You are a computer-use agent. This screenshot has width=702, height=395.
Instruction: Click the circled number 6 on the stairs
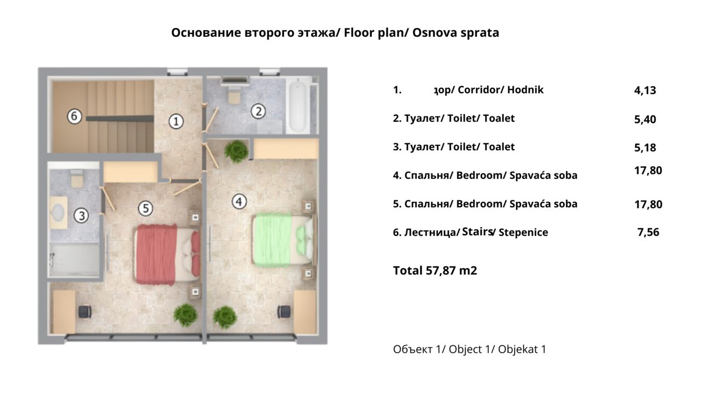(x=75, y=116)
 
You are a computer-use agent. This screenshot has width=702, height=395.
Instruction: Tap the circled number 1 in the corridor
(x=175, y=121)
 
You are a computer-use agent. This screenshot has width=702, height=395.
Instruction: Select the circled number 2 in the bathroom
(x=258, y=111)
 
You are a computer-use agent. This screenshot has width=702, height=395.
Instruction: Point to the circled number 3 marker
(x=81, y=216)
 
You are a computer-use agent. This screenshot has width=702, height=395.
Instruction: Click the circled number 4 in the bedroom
(x=239, y=202)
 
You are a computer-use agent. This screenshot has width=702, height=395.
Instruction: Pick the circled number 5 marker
(x=145, y=208)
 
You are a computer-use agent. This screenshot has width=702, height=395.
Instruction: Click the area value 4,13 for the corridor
(x=645, y=91)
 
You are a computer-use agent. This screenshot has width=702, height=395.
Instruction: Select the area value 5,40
(x=645, y=120)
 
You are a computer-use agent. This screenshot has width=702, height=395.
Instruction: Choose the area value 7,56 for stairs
(x=648, y=233)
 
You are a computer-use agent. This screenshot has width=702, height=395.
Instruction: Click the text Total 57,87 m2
(x=435, y=270)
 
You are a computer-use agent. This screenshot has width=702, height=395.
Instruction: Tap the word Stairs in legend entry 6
(x=477, y=232)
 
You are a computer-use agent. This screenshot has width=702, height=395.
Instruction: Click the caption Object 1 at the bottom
(x=469, y=349)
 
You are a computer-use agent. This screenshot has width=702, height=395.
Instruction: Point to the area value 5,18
(x=645, y=148)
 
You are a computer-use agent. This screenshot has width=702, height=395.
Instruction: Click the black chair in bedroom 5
(x=84, y=312)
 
